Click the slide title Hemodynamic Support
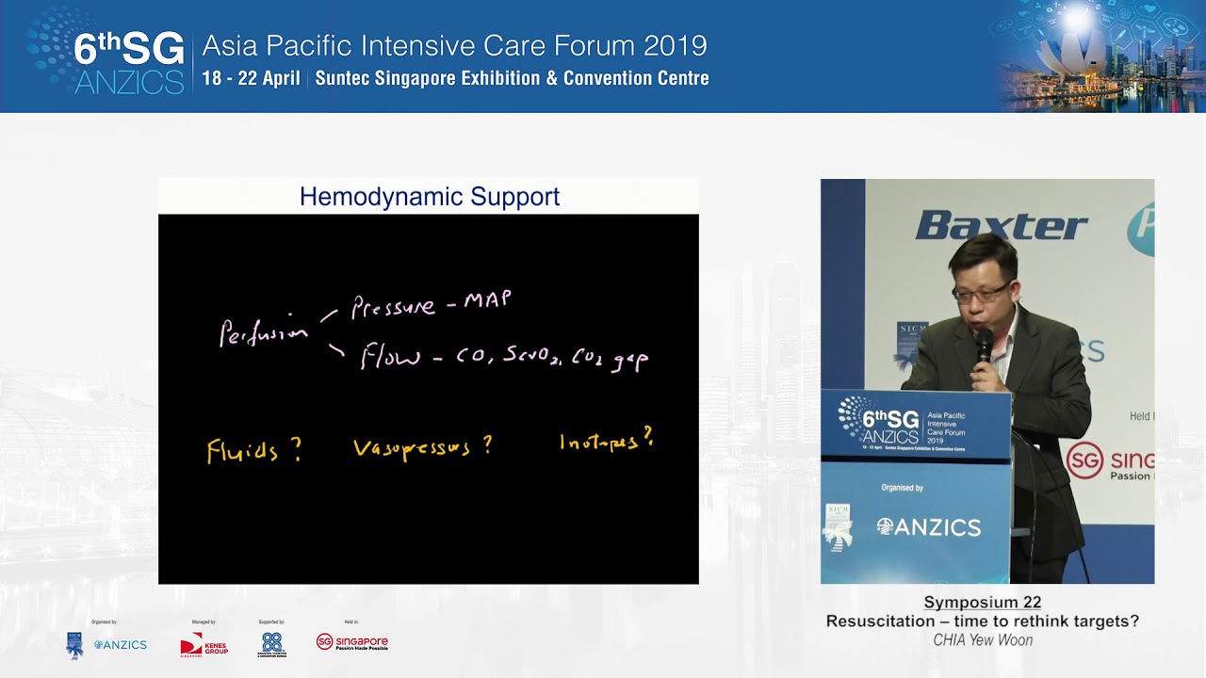[429, 197]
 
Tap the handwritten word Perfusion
[263, 332]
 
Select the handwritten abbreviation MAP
[488, 300]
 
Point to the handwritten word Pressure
[393, 306]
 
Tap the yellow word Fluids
[243, 451]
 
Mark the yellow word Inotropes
[599, 442]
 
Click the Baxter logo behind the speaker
[1001, 226]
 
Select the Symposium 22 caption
[982, 603]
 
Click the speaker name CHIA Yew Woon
[983, 640]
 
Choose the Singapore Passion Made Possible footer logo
[352, 643]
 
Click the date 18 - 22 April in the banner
[252, 79]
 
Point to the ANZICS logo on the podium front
[928, 527]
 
